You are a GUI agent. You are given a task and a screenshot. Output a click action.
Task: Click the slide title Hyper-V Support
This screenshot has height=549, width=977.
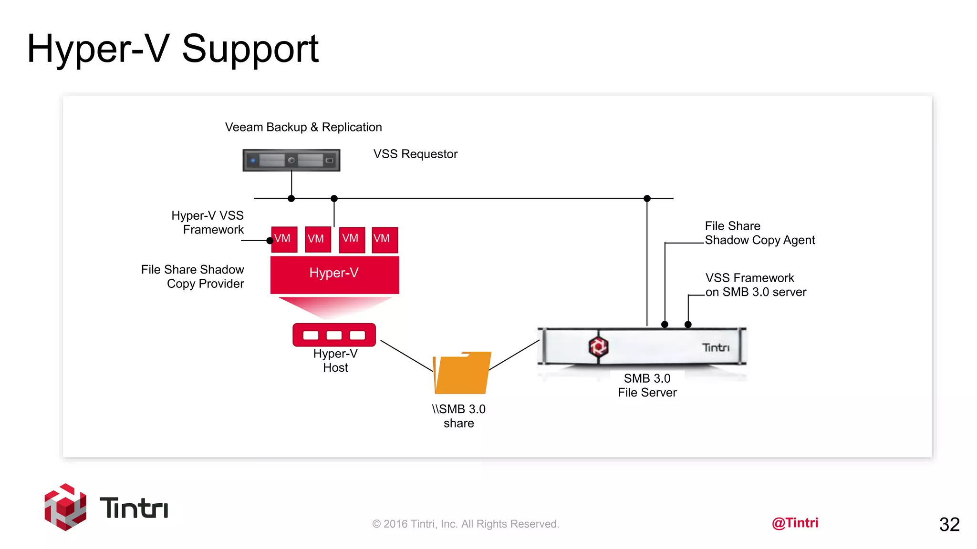click(173, 49)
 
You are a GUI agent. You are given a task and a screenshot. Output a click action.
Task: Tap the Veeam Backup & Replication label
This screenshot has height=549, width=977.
click(303, 127)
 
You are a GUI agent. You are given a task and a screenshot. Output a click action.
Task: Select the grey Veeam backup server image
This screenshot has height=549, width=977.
click(291, 160)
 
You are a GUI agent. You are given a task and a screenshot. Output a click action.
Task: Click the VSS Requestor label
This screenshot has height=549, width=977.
click(415, 154)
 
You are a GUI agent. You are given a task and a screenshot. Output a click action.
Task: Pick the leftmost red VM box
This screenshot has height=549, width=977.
click(284, 239)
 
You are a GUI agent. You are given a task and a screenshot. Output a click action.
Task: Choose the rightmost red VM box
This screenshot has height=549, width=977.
click(385, 239)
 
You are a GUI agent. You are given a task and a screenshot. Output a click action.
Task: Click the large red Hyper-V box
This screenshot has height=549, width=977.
click(334, 274)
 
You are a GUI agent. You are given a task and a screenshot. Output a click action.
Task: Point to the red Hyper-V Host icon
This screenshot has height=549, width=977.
click(334, 335)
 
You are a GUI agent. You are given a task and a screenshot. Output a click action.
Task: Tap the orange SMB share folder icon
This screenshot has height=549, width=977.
click(462, 373)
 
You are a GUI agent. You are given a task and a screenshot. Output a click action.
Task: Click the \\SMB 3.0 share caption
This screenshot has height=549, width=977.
click(458, 416)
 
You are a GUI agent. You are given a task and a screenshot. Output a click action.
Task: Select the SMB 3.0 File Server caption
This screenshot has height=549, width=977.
click(647, 385)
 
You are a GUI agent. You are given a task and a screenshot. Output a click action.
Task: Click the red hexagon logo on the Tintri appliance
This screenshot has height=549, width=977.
click(598, 346)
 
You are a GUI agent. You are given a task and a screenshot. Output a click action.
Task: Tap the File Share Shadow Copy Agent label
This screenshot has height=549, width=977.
click(759, 233)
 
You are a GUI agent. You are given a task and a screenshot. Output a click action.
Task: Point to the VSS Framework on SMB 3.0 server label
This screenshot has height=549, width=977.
click(756, 285)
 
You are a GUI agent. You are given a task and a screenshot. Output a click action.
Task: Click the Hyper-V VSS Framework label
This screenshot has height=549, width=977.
click(208, 223)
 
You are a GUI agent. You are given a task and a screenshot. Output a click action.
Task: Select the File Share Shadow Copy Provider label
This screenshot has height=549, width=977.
click(193, 276)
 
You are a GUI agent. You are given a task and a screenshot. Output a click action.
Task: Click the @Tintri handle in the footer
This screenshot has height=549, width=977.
click(795, 523)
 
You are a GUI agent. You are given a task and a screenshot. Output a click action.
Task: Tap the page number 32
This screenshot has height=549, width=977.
click(949, 524)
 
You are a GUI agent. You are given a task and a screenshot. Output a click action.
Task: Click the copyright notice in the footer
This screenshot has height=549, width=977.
click(466, 524)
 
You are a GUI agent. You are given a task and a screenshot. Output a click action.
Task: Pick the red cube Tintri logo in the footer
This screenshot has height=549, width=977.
click(65, 507)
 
